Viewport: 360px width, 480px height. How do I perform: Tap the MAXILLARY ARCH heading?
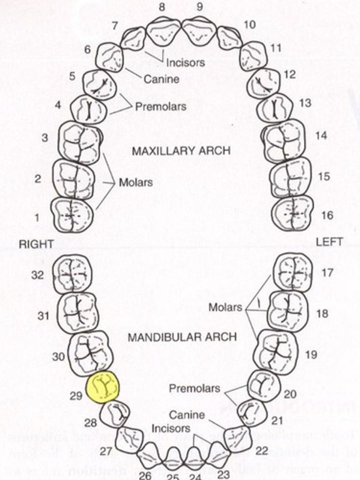(181, 151)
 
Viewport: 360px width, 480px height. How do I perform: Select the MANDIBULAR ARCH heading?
(182, 337)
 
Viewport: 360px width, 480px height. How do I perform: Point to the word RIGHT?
(36, 245)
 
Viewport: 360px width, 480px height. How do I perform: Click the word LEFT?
(329, 242)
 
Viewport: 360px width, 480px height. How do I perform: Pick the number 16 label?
(327, 215)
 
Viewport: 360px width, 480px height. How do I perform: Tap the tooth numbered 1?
(72, 215)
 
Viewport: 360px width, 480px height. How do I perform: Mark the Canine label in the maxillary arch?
(162, 79)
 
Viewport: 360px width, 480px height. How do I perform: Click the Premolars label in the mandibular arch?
(194, 388)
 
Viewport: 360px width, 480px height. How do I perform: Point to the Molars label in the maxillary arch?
(136, 182)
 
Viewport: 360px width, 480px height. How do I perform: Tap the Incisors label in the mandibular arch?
(171, 428)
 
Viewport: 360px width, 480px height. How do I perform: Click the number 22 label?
(262, 451)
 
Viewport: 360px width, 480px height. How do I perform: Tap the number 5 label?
(72, 76)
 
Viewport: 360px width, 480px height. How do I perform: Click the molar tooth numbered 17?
(292, 272)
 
